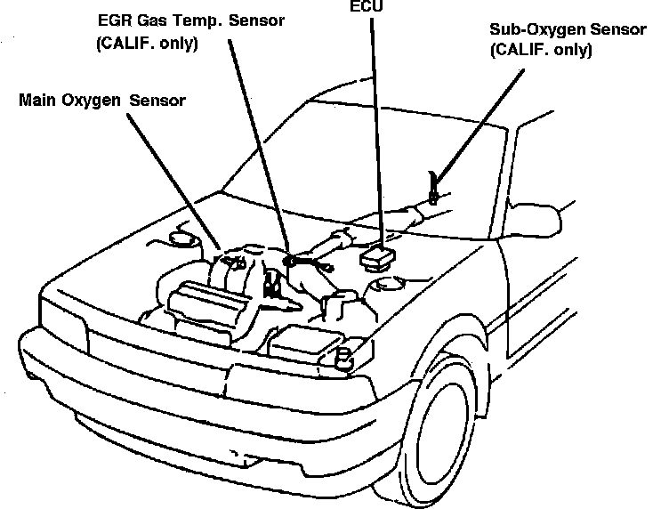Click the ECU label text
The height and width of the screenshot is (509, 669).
tap(363, 5)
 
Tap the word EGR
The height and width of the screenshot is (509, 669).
tap(113, 20)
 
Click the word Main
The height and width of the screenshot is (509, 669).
tap(40, 100)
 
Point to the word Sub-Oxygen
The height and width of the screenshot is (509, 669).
tap(530, 29)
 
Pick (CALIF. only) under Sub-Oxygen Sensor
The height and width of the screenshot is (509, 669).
tap(541, 51)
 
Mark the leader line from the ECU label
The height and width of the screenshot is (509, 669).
tap(375, 125)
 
